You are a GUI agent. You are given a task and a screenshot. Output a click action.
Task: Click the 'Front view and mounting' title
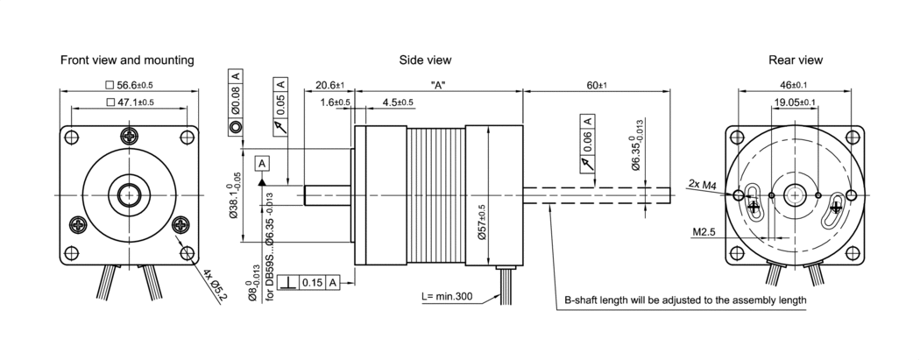pos(127,60)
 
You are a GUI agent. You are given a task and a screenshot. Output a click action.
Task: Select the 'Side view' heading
pos(425,60)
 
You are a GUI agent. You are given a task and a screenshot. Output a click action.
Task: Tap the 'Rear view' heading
pos(795,60)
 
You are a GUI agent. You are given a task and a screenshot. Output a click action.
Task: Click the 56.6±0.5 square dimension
pos(129,85)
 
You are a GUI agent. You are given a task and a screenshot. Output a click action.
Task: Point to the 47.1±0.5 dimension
pos(129,102)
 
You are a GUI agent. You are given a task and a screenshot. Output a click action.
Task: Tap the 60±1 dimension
pos(598,85)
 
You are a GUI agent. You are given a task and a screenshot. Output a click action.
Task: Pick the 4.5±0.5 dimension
pos(399,102)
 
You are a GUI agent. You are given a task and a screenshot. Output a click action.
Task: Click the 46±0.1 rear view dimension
pos(795,85)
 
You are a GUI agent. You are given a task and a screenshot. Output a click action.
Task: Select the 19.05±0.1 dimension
pos(795,102)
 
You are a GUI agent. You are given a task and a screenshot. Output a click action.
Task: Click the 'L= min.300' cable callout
pos(446,296)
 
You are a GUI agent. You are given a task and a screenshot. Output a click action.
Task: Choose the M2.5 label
pos(704,233)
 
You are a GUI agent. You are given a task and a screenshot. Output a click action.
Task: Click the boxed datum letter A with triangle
pos(262,163)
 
